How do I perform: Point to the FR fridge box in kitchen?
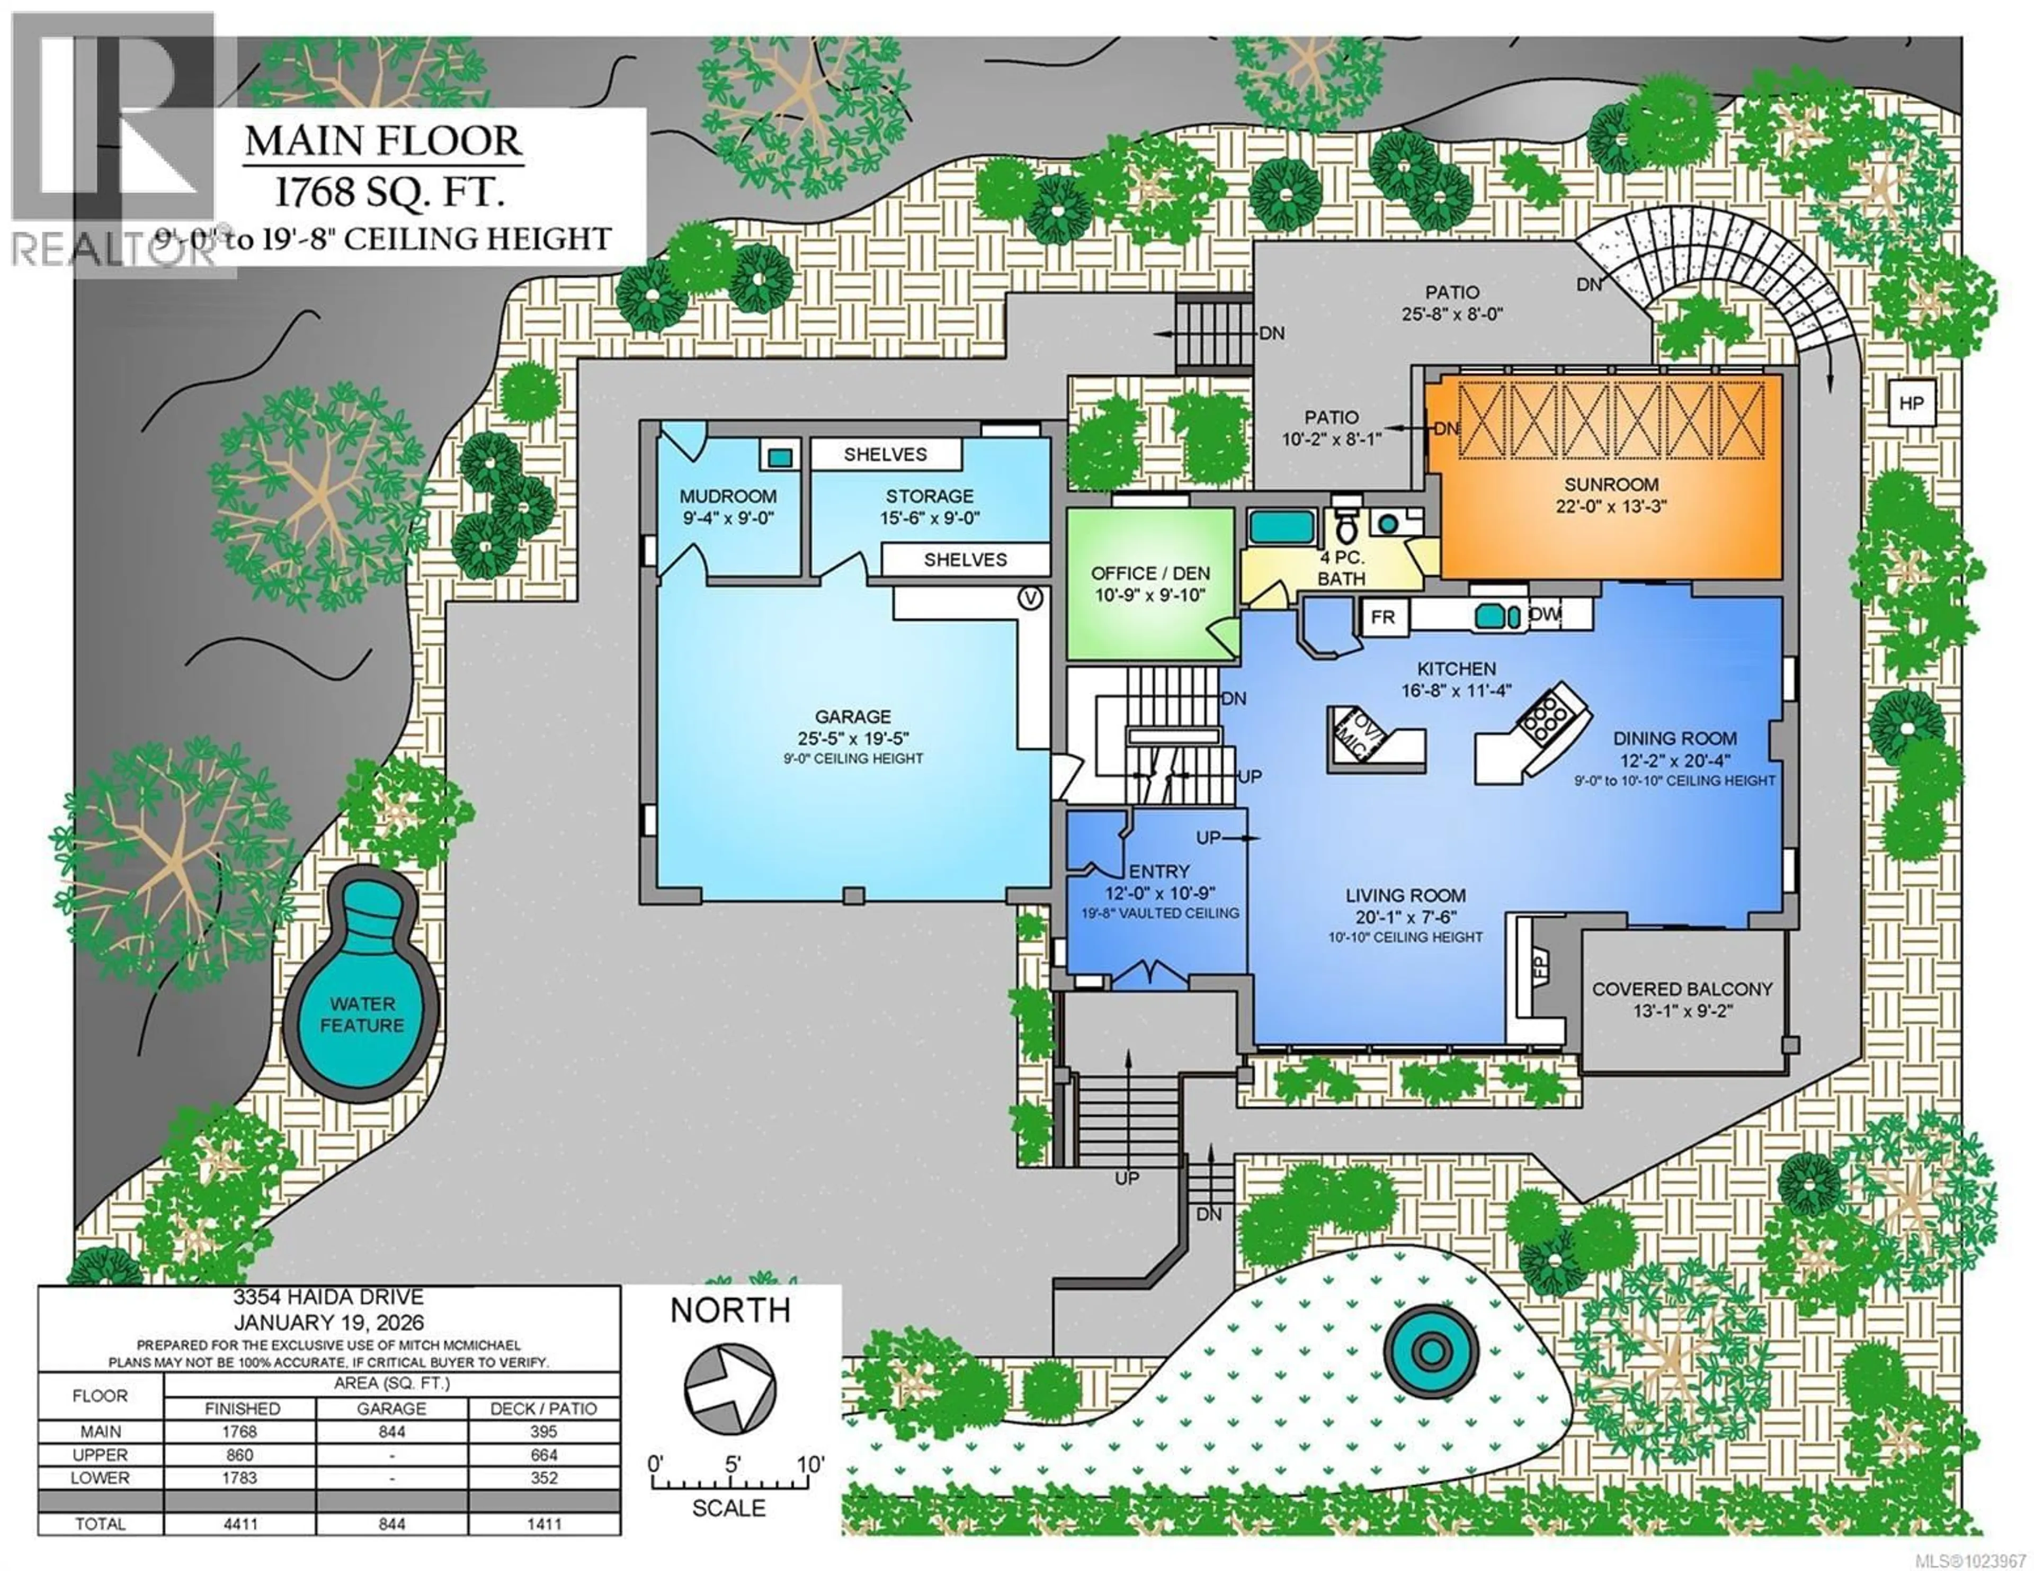pos(1383,617)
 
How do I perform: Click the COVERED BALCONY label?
pos(1682,989)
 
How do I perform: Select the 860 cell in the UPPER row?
pos(240,1455)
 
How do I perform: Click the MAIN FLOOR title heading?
pos(383,141)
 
